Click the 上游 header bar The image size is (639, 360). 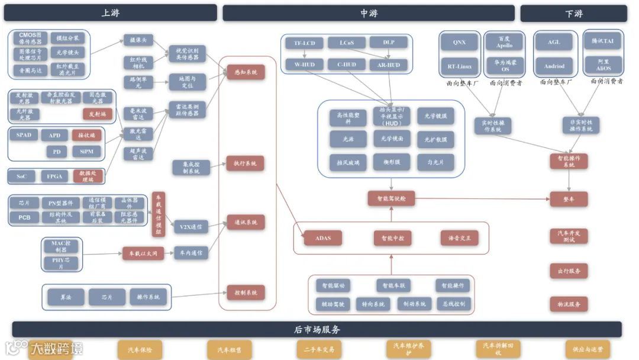tap(111, 13)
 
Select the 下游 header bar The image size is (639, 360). tap(573, 13)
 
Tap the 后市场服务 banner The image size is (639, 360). tap(317, 329)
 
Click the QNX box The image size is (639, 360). tap(459, 43)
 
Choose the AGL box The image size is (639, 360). tap(554, 43)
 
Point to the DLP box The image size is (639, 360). tap(388, 43)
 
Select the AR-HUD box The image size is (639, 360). tap(388, 65)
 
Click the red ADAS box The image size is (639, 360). tap(323, 238)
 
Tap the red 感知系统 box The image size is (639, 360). tap(245, 72)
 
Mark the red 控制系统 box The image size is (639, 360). tap(245, 292)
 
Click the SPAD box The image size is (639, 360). tap(24, 135)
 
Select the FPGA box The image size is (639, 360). tap(54, 176)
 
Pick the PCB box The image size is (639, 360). tap(24, 217)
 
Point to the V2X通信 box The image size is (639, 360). tap(191, 226)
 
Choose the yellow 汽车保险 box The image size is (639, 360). tap(140, 349)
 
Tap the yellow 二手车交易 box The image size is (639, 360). tap(319, 349)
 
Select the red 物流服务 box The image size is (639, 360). tap(569, 304)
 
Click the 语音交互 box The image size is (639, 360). tap(459, 238)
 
